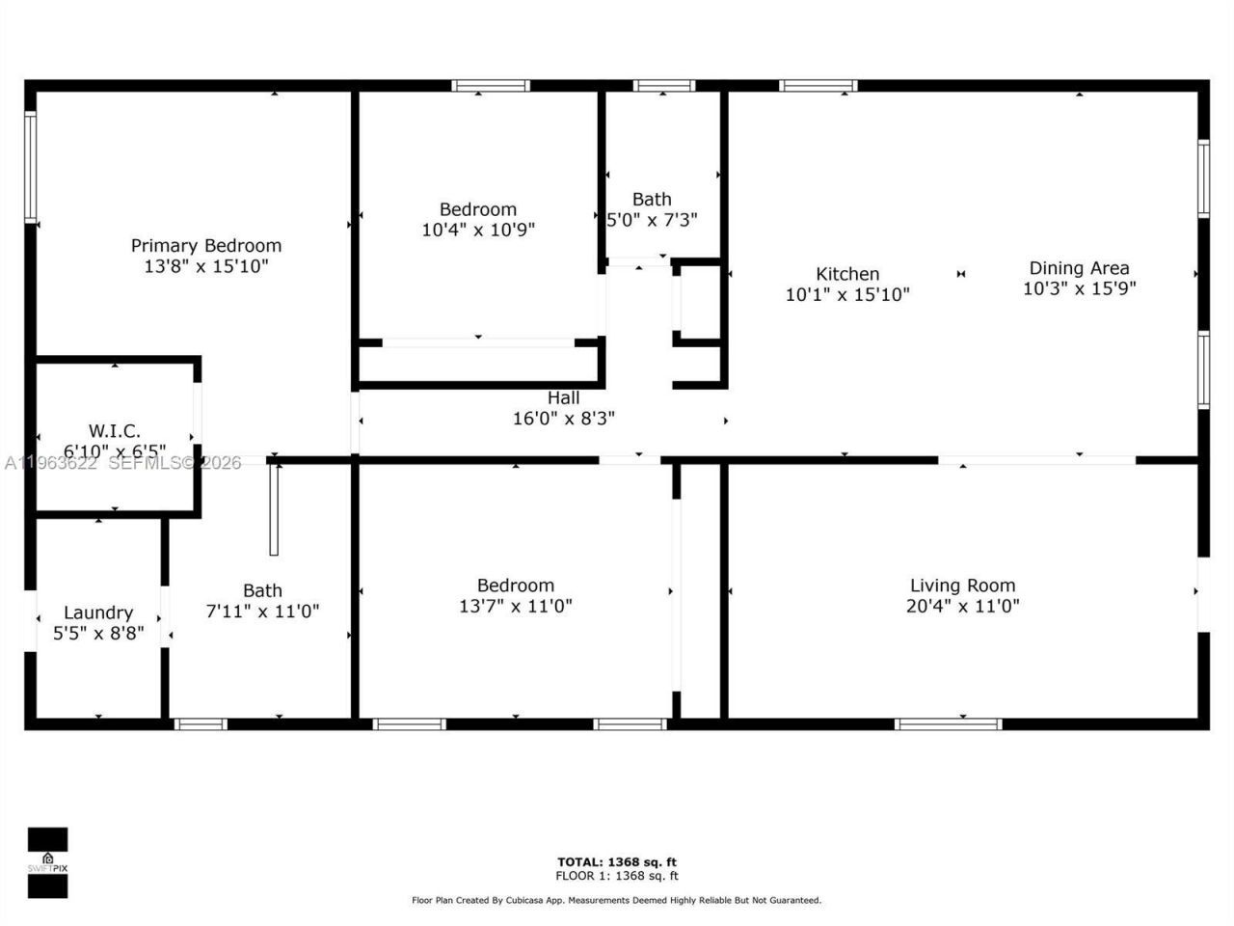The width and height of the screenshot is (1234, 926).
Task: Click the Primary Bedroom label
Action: coord(206,246)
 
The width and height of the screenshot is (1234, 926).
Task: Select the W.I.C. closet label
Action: coord(115,431)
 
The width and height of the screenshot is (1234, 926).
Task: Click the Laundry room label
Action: coord(98,613)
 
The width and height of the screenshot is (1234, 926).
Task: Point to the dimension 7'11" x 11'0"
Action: coord(262,612)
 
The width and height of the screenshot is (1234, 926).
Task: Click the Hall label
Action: coord(564,397)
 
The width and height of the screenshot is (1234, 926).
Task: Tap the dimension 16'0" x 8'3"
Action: coord(564,419)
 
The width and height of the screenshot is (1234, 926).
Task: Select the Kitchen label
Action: coord(847,274)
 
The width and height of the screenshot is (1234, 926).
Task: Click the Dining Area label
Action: coord(1079,268)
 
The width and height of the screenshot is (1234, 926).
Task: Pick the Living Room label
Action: coord(962,586)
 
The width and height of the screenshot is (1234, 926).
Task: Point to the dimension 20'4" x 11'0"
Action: coord(962,607)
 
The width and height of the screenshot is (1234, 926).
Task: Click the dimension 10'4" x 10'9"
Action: coord(478,231)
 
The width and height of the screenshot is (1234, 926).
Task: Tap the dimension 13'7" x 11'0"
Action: coord(516,607)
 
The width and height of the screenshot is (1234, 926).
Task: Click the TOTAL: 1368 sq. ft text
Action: coord(617,862)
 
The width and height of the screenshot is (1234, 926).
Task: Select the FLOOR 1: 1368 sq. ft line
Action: coord(617,876)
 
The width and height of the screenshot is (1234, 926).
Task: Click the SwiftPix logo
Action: coord(47,862)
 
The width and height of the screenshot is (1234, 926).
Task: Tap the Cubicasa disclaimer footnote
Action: coord(617,900)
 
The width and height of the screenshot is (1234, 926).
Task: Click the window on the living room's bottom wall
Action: coord(949,723)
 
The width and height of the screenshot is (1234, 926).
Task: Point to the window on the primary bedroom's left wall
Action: coord(30,168)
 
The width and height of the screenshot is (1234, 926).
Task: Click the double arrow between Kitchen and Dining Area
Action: coord(961,274)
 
